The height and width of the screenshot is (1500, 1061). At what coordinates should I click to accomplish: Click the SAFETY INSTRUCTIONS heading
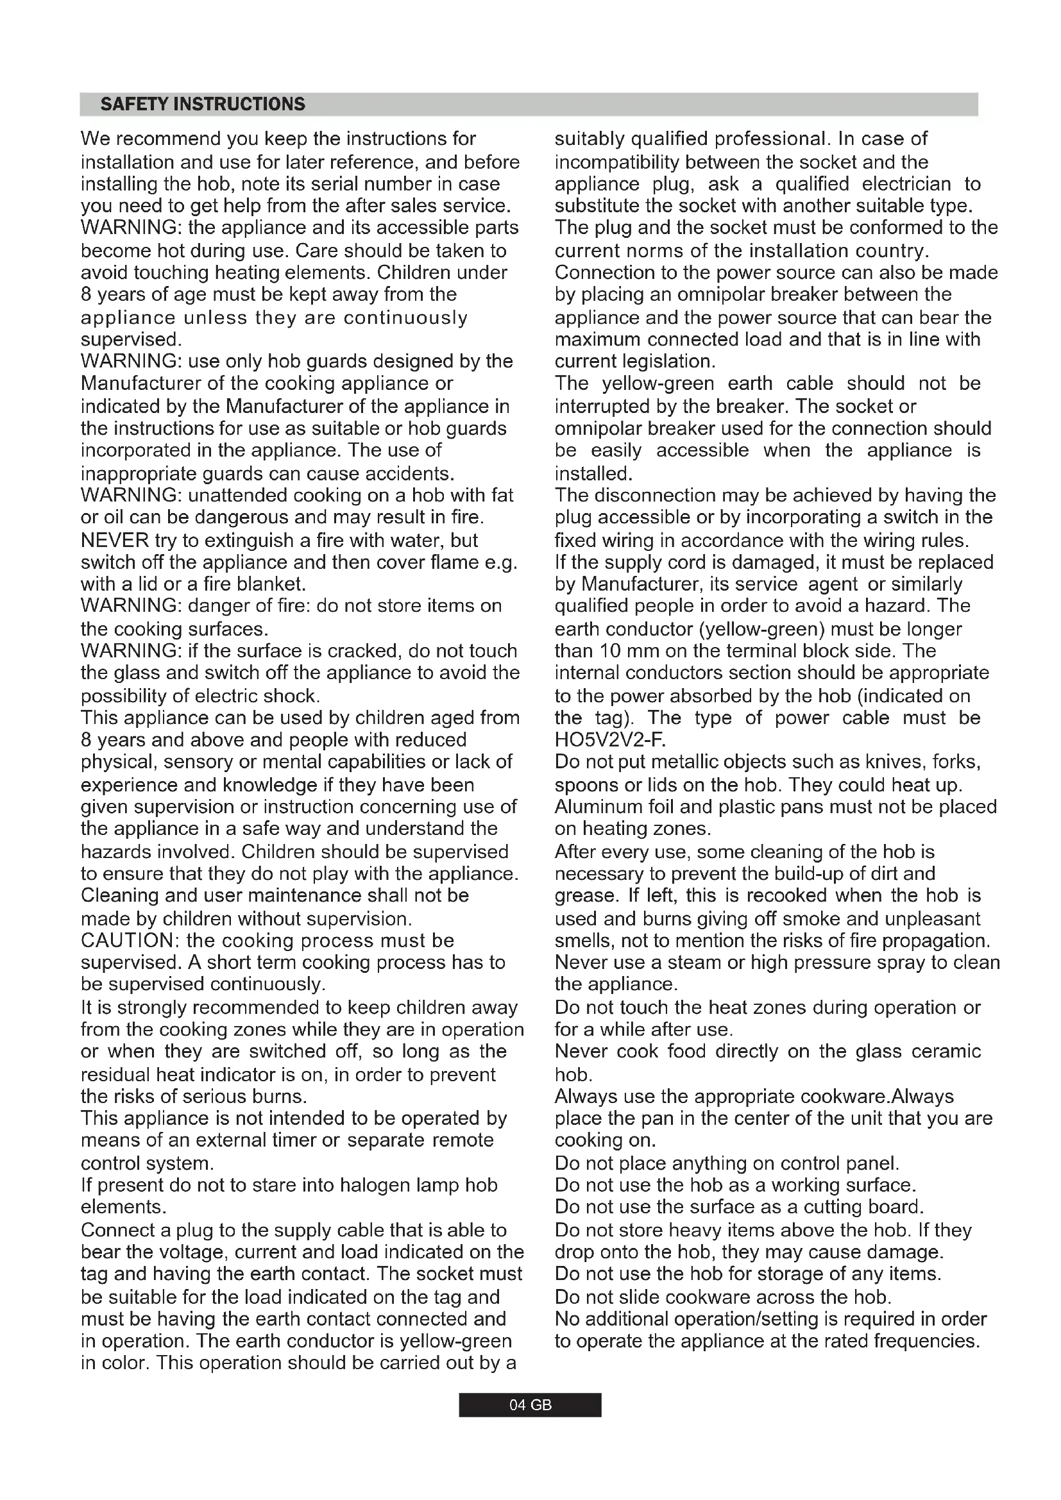click(x=203, y=105)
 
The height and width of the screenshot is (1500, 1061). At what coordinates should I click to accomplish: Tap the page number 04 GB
click(x=530, y=1404)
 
